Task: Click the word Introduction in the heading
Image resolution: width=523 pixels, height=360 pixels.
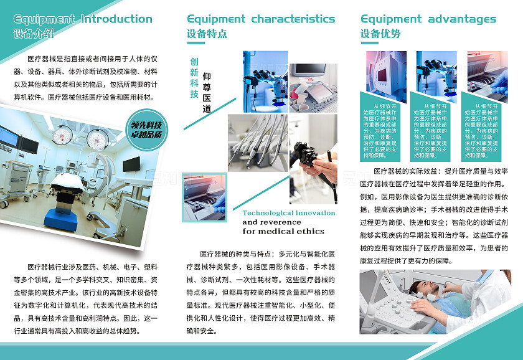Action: pyautogui.click(x=116, y=19)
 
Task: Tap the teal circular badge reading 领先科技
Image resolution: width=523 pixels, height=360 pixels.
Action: pyautogui.click(x=146, y=129)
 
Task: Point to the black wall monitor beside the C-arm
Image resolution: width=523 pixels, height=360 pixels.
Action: pyautogui.click(x=131, y=164)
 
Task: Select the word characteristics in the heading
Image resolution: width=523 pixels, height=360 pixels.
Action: pyautogui.click(x=293, y=19)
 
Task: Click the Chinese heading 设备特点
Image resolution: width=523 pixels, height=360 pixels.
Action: pyautogui.click(x=207, y=34)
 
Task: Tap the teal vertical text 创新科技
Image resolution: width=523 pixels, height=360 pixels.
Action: pyautogui.click(x=194, y=78)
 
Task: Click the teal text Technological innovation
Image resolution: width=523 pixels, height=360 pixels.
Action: pyautogui.click(x=288, y=213)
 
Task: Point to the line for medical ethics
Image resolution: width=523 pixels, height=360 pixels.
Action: pyautogui.click(x=283, y=231)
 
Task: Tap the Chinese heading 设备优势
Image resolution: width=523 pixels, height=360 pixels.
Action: pyautogui.click(x=380, y=34)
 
